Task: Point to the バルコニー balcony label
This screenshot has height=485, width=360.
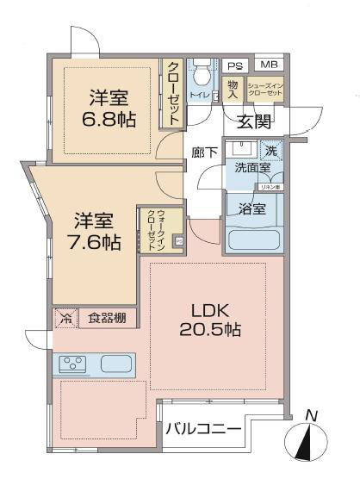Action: click(x=203, y=428)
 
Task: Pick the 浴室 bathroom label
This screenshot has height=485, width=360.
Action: click(x=251, y=209)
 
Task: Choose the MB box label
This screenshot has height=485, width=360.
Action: click(x=270, y=65)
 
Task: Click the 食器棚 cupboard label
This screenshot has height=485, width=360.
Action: click(x=109, y=319)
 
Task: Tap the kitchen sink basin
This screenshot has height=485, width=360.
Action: click(x=115, y=364)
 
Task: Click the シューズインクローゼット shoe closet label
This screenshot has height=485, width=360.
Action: click(x=264, y=90)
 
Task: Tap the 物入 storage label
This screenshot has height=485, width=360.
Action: click(x=232, y=89)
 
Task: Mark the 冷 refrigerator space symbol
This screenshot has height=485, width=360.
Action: click(x=67, y=319)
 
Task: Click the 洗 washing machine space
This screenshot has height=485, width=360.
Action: click(x=273, y=149)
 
